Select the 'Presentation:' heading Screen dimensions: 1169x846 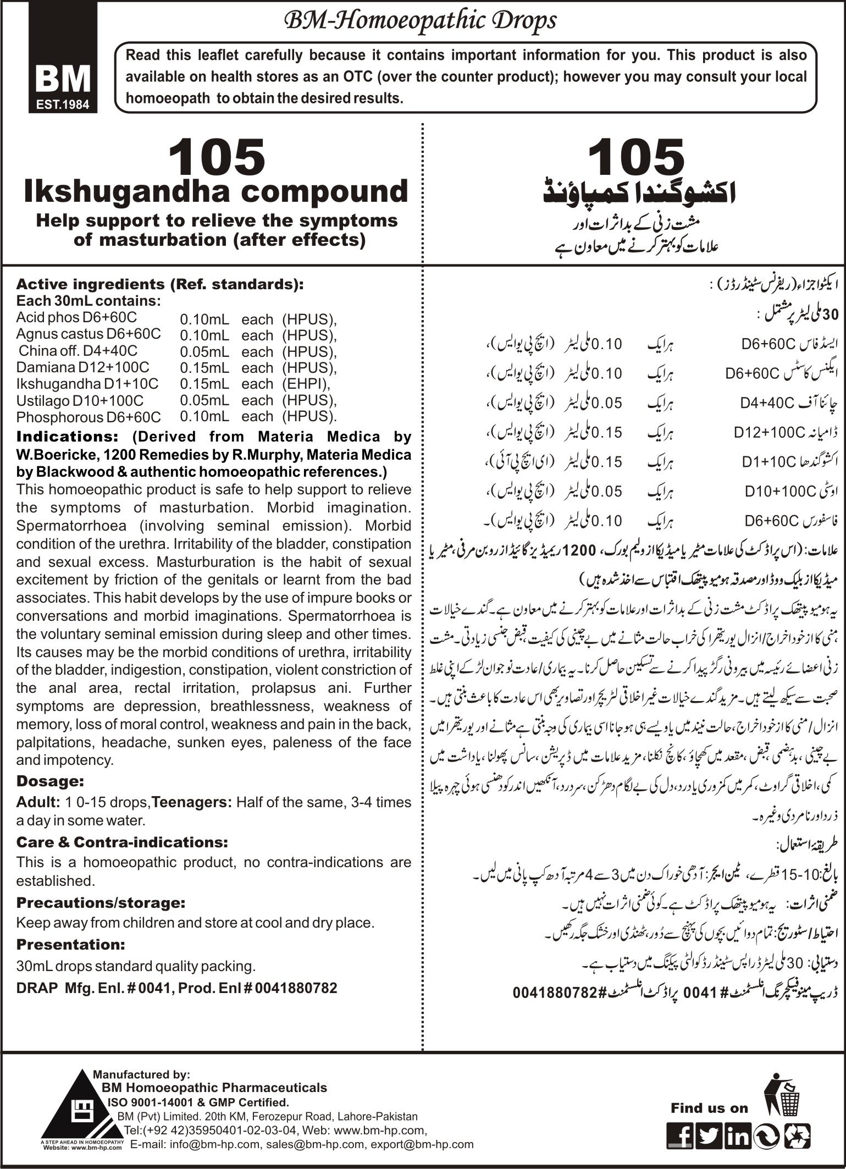71,945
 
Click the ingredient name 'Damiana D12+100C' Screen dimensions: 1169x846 82,367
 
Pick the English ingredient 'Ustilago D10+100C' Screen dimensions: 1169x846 80,400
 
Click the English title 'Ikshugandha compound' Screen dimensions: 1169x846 215,191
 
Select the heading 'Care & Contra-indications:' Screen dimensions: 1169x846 122,842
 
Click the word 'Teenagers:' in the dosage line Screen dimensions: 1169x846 192,802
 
